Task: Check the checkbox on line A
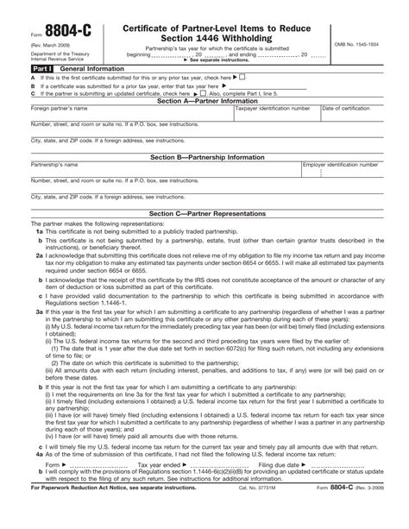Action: [x=243, y=77]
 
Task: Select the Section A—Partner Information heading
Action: [x=204, y=101]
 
